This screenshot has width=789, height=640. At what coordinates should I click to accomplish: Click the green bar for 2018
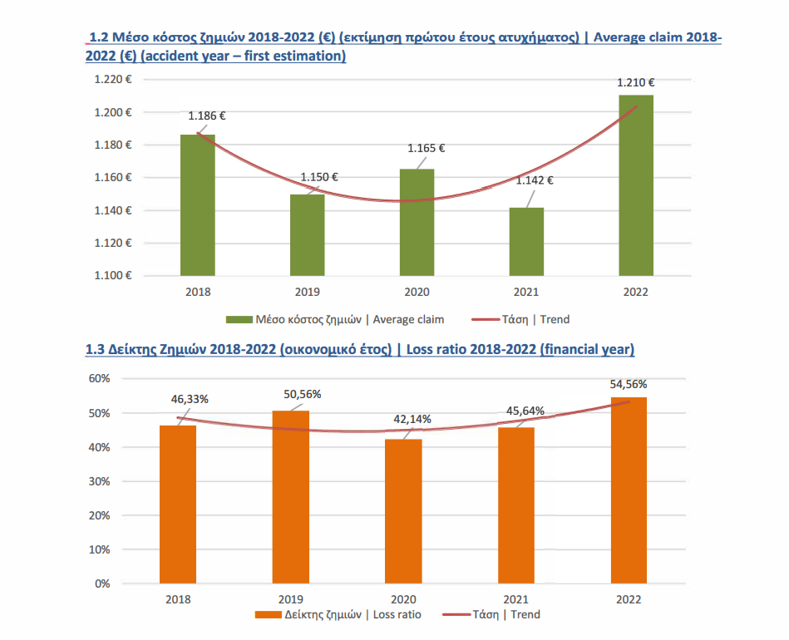[x=198, y=204]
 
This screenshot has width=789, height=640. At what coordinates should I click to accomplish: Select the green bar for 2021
[x=526, y=241]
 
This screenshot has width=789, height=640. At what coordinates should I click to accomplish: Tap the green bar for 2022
[x=635, y=185]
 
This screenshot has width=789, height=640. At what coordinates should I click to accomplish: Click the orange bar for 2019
[x=290, y=497]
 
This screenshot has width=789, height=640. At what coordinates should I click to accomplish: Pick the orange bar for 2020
[x=404, y=511]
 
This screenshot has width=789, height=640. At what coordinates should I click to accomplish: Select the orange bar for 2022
[x=629, y=490]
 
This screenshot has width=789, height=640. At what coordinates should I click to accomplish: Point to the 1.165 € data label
[x=426, y=148]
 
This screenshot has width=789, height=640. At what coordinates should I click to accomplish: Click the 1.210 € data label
[x=635, y=82]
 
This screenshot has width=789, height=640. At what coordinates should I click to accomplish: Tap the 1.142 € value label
[x=535, y=180]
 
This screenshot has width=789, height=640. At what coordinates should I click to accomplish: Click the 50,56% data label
[x=303, y=394]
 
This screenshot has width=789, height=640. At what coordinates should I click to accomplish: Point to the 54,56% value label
[x=629, y=384]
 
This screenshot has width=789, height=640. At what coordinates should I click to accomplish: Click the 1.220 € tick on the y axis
[x=112, y=80]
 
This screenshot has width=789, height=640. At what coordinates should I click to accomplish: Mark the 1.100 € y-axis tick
[x=112, y=276]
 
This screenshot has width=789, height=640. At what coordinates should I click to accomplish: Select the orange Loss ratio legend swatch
[x=267, y=615]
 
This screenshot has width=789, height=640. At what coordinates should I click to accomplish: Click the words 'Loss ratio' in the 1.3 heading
[x=436, y=350]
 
